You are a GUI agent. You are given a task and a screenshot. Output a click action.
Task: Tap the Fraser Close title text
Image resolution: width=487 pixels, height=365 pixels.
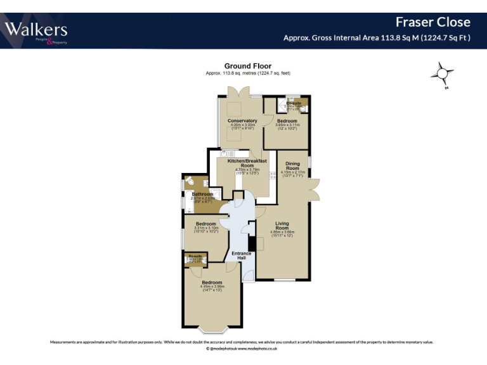[x=432, y=22]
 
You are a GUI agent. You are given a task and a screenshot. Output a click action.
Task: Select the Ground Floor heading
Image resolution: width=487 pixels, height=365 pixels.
[x=247, y=66]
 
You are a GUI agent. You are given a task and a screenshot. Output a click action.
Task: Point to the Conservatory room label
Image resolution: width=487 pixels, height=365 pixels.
[x=242, y=120]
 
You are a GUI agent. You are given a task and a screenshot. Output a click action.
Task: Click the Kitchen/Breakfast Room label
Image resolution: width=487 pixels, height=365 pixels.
[x=242, y=163]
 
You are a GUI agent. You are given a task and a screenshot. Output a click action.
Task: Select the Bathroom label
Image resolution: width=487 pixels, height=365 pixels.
[x=203, y=194]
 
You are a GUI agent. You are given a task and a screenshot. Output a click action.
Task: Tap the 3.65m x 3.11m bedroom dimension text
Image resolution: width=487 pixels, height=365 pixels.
[x=287, y=125]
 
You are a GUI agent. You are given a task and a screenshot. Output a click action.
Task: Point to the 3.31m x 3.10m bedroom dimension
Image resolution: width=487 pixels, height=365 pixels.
[x=206, y=228]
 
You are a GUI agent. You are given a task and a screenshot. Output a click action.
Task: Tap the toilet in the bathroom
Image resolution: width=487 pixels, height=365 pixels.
[x=190, y=183]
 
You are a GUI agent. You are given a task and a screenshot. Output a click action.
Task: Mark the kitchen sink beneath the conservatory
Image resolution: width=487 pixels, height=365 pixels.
[x=226, y=153]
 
